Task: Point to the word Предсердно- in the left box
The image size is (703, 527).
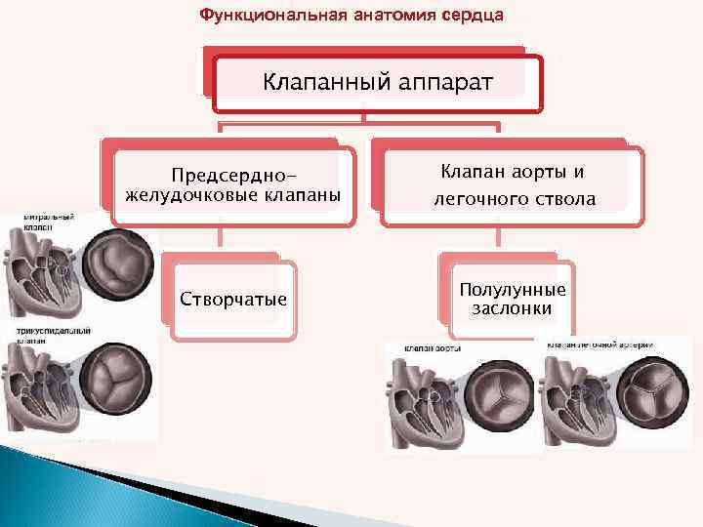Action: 232,176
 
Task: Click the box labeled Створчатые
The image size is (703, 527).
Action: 233,298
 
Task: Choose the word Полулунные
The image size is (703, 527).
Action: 512,291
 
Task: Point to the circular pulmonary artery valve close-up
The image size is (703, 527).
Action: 653,393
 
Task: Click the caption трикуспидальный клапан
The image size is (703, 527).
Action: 39,337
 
